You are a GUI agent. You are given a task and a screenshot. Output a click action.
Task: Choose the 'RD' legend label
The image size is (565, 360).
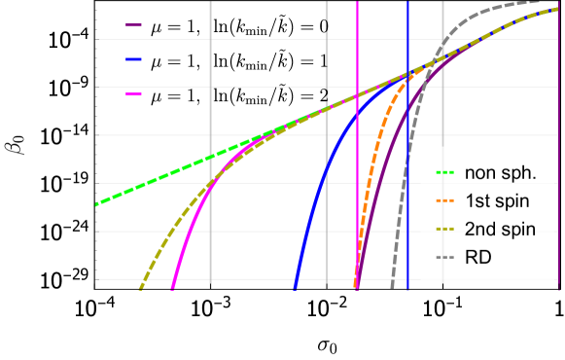coord(477,258)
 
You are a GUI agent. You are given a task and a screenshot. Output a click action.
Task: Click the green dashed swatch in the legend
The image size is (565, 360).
coord(444,176)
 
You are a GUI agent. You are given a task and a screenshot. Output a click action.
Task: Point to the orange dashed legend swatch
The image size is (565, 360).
coord(444,203)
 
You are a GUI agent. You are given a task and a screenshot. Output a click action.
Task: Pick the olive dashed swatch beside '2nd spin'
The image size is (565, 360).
coord(444,231)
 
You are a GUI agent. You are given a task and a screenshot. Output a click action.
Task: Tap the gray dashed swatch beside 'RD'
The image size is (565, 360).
coord(444,258)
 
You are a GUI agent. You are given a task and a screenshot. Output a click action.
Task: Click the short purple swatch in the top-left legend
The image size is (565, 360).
coord(134,25)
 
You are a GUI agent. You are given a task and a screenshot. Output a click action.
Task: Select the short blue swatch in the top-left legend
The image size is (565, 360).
coord(134,59)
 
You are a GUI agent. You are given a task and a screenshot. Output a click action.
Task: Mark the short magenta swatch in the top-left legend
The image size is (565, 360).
coord(134,94)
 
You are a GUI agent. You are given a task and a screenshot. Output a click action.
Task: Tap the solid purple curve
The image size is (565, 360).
coord(384,175)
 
